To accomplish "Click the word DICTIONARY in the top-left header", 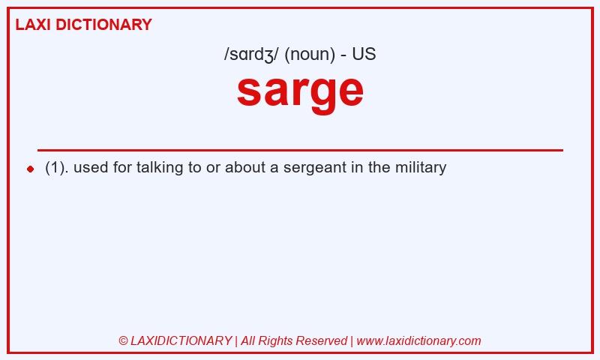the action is (x=103, y=25).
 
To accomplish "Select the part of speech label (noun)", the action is (x=310, y=54).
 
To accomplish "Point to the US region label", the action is (x=364, y=54).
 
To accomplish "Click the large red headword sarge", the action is (x=300, y=91).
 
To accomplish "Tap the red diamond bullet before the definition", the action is (x=31, y=169).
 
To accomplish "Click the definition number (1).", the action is (x=55, y=167).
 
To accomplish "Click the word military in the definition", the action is (x=421, y=167).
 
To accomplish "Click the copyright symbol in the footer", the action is (x=123, y=340).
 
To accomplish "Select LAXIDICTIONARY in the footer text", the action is (x=181, y=340).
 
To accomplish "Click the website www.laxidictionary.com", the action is (x=418, y=340).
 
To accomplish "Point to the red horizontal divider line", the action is (x=301, y=150).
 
